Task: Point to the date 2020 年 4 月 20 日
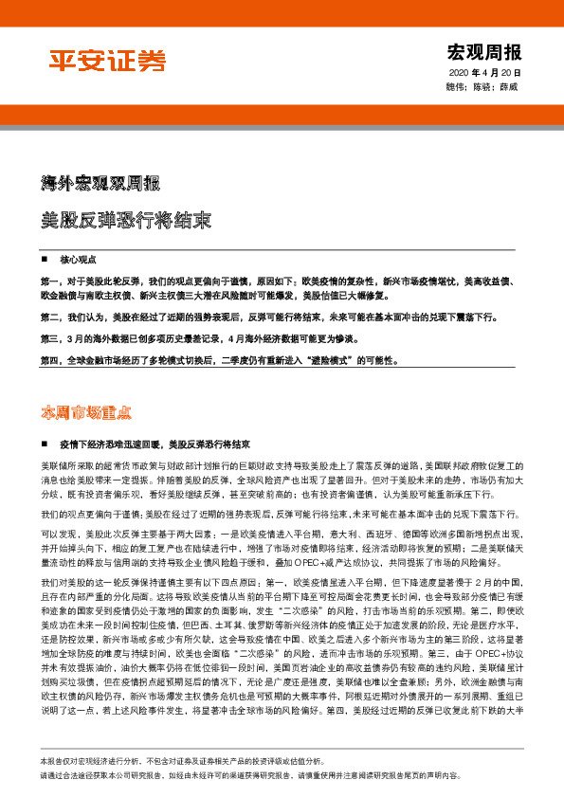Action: point(483,73)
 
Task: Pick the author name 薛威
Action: point(509,87)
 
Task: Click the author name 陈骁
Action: point(482,87)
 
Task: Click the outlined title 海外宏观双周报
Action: point(100,182)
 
